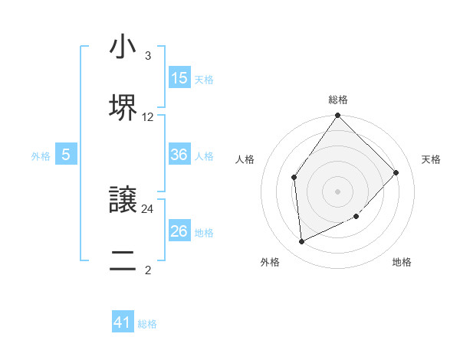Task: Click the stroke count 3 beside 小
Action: click(x=147, y=57)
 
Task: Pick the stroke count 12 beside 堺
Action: click(x=148, y=117)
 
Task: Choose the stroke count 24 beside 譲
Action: click(x=148, y=208)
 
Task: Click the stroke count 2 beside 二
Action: click(x=147, y=270)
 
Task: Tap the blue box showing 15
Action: click(x=179, y=78)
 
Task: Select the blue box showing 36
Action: click(x=179, y=155)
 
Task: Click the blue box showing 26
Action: click(x=179, y=231)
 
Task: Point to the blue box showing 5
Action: click(x=66, y=155)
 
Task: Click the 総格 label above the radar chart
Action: click(x=338, y=100)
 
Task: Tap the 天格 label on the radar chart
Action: click(x=431, y=159)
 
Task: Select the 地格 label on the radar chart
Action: click(x=402, y=262)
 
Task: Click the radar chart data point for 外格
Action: click(x=302, y=241)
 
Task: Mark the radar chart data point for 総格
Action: click(x=338, y=116)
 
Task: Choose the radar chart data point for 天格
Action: click(x=396, y=172)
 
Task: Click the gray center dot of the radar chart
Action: click(x=338, y=191)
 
